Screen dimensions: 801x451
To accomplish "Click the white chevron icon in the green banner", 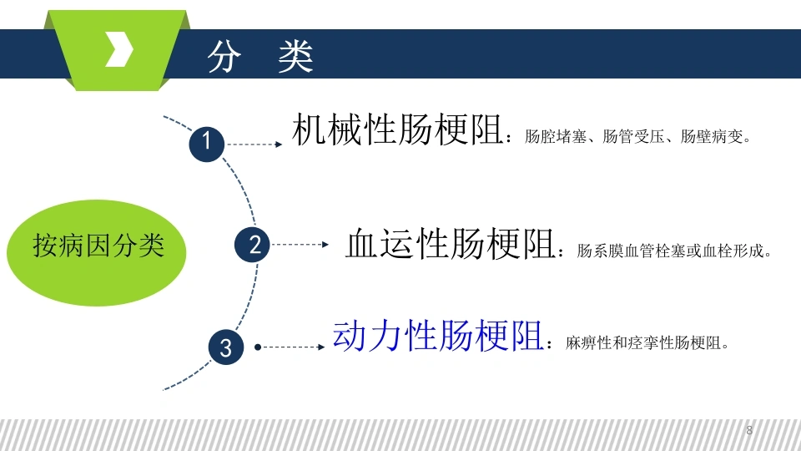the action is (119, 49).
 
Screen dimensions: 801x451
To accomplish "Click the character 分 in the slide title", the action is (224, 56).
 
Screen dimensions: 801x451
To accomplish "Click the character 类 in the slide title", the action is (295, 56).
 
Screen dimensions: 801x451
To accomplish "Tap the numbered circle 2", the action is (252, 245).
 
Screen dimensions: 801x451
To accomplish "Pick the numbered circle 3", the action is (226, 347).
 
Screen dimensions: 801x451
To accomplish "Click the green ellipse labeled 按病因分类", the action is (97, 252).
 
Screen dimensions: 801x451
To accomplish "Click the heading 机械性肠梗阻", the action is (397, 129).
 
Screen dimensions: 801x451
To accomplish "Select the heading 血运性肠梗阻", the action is (451, 243).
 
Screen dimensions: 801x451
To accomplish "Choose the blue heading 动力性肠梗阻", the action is (438, 336).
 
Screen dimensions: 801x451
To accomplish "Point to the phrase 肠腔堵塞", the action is (556, 136).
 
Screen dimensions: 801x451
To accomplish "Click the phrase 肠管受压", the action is (633, 136).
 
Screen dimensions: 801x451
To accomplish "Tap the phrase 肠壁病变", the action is (712, 136).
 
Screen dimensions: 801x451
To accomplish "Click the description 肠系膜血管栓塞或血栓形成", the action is (670, 251).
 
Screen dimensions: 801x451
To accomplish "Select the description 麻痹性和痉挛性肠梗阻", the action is (643, 342).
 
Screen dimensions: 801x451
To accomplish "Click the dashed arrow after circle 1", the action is (254, 144).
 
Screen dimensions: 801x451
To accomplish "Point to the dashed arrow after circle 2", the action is (300, 245).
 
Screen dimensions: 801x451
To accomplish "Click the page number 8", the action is (749, 430).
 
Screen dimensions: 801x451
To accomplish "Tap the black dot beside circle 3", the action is (258, 347).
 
